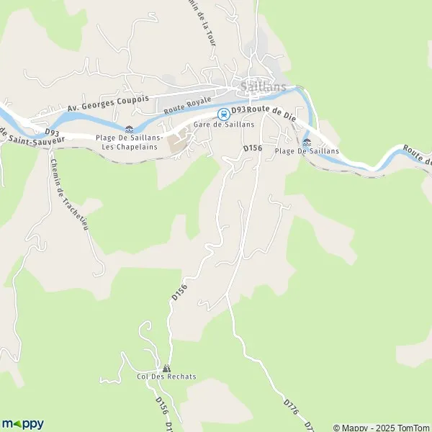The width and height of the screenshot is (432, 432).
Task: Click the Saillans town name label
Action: click(x=263, y=87)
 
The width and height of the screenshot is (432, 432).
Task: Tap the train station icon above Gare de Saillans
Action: click(x=224, y=113)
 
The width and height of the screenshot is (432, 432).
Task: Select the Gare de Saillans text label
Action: click(x=223, y=124)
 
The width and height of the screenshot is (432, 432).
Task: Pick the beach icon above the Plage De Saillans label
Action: click(x=307, y=142)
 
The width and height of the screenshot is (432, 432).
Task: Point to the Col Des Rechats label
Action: click(x=166, y=377)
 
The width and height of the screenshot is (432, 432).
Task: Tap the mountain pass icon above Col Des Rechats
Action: click(x=167, y=367)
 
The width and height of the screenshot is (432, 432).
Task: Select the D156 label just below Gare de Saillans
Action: click(x=251, y=147)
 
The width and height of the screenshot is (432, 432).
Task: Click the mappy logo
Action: click(x=22, y=423)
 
